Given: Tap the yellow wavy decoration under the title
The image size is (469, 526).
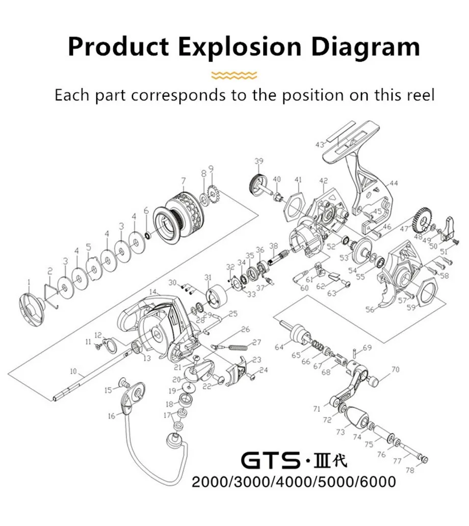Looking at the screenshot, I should click(x=234, y=75).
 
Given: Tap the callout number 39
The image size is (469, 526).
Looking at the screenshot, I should click(x=259, y=162).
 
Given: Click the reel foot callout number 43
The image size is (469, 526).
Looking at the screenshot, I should click(x=320, y=145).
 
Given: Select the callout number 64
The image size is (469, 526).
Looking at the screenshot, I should click(x=279, y=347).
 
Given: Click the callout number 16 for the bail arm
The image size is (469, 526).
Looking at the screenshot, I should click(x=111, y=416).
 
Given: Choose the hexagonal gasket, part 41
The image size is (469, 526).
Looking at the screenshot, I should click(x=292, y=204).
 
